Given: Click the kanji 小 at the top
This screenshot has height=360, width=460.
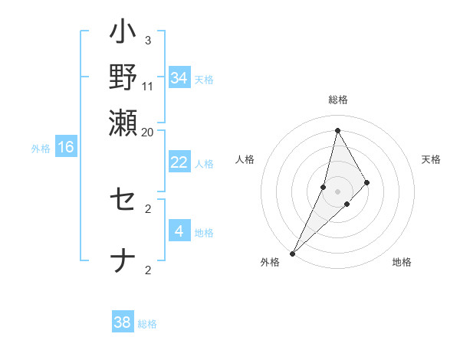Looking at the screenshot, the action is click(x=123, y=34).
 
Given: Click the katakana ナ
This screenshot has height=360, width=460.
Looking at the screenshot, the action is click(x=123, y=261).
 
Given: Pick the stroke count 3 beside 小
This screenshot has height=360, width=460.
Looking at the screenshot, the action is click(x=148, y=40).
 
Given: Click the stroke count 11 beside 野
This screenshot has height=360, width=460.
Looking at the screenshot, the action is click(x=148, y=87).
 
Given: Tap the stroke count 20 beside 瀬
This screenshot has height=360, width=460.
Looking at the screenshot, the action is click(x=148, y=132).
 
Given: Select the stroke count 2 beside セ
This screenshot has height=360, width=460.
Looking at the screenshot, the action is click(x=148, y=208).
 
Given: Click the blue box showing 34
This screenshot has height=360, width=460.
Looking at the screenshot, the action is click(x=179, y=78).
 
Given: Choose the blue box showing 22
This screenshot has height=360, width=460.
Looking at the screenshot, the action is click(x=179, y=162).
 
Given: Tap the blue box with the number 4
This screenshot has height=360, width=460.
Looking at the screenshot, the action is click(x=179, y=231).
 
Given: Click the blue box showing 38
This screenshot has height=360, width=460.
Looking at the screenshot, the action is click(x=122, y=322).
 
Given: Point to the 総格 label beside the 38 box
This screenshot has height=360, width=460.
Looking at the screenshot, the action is click(x=147, y=324).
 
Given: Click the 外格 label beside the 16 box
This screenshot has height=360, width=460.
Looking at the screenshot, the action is click(x=41, y=149).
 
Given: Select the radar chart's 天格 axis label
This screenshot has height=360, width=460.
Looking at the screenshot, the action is click(x=432, y=159).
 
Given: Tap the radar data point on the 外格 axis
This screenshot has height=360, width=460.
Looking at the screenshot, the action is click(x=293, y=253).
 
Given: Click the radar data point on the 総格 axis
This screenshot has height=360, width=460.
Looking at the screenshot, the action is click(x=337, y=130).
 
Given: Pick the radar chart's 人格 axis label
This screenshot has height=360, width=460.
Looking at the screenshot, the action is click(x=245, y=159).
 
